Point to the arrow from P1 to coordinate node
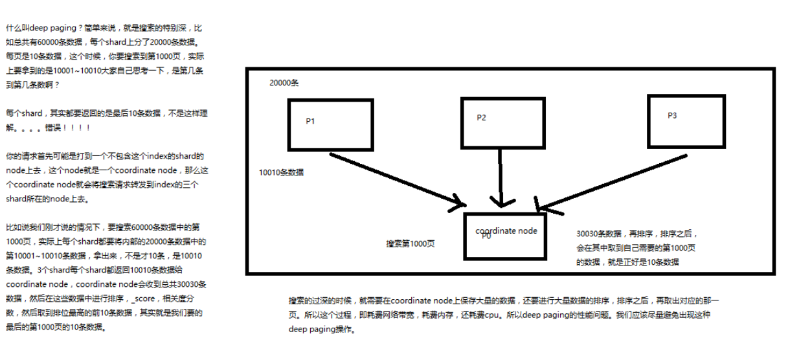point(398,180)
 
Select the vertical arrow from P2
point(501,178)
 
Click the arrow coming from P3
point(612,183)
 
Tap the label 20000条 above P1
point(284,83)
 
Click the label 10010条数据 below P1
point(281,172)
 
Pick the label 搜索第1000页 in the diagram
point(410,244)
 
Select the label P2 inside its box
point(481,118)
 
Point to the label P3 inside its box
point(672,115)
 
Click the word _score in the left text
point(143,298)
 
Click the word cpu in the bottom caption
point(492,315)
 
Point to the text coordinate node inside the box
point(506,231)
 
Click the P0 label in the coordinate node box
point(486,236)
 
